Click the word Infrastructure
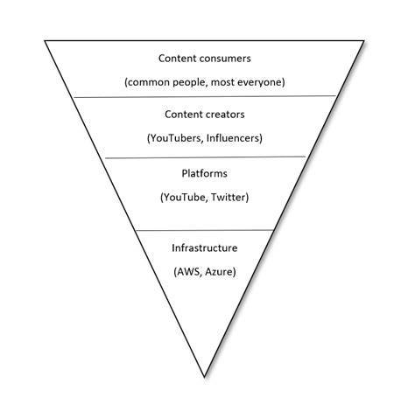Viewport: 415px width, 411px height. tap(204, 248)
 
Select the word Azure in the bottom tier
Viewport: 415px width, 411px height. tap(221, 271)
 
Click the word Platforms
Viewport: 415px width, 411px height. tap(204, 173)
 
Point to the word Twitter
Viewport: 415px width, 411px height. tap(230, 197)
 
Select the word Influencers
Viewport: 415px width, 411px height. tap(232, 137)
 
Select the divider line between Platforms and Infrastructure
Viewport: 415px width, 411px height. tap(204, 231)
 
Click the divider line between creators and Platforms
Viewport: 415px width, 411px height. tap(204, 157)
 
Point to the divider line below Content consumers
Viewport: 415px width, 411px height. tap(204, 96)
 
